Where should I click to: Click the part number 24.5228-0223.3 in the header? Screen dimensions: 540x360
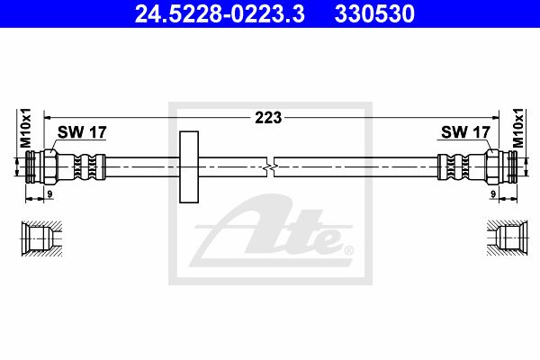[220, 13]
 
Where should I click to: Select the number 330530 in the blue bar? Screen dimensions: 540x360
[374, 13]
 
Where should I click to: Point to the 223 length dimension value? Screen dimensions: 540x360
[268, 118]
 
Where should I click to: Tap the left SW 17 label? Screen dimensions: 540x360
[82, 132]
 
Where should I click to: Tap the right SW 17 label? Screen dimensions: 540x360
[465, 132]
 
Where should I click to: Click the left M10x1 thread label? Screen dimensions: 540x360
[26, 128]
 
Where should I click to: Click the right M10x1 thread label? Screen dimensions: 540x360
[517, 128]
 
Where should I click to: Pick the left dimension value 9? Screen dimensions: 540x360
[49, 194]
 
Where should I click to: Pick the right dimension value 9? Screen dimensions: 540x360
[493, 194]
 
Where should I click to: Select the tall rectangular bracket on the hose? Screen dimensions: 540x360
[189, 166]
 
